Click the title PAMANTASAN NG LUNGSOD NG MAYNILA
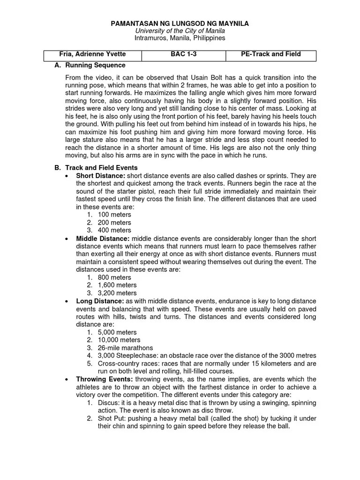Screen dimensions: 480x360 click(180, 23)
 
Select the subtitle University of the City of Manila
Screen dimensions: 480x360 click(180, 30)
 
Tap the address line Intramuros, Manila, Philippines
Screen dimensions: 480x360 click(180, 37)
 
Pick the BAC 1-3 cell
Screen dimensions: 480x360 click(183, 54)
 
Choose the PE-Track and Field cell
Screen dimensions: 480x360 click(270, 54)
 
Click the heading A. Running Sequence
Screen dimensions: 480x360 click(90, 65)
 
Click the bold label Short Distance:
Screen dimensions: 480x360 click(97, 175)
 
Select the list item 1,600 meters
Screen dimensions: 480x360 click(117, 285)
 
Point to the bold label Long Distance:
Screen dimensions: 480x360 click(100, 301)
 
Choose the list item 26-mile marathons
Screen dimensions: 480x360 click(125, 348)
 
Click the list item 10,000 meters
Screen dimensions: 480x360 click(119, 340)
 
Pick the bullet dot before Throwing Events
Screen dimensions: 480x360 click(67, 379)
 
